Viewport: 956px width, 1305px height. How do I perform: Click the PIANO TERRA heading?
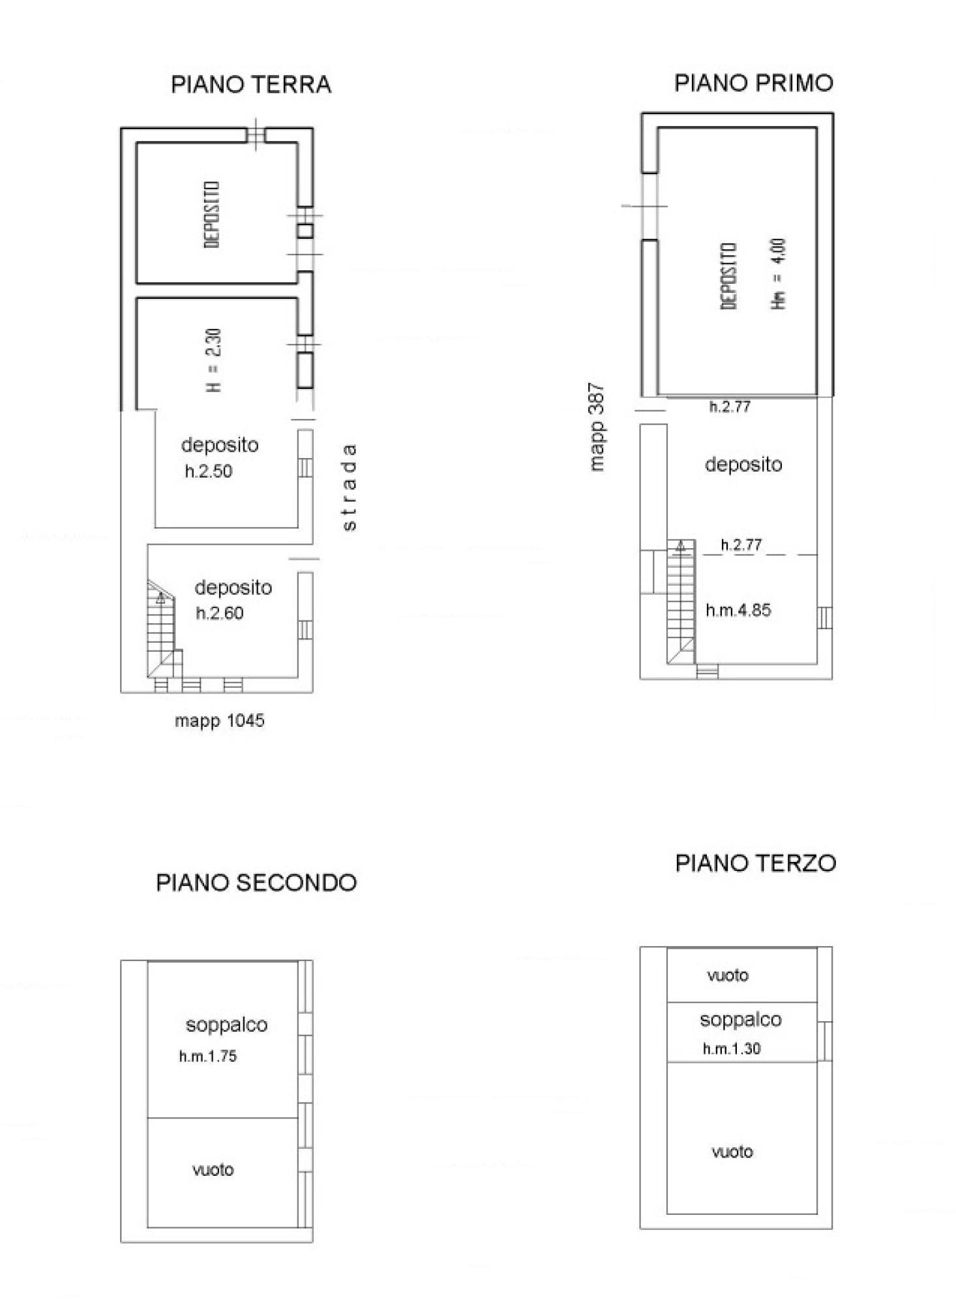(251, 85)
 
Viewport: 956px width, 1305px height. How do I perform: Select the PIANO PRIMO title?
(753, 83)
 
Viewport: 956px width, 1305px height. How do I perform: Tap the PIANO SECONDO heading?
(256, 883)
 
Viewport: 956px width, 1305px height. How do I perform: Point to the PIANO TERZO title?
(755, 863)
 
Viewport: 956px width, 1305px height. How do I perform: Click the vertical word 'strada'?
(350, 487)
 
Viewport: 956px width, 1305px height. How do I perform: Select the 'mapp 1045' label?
(220, 721)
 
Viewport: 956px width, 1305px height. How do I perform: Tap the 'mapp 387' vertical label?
(597, 427)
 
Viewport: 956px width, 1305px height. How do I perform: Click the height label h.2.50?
(209, 471)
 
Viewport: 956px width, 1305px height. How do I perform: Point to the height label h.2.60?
(220, 613)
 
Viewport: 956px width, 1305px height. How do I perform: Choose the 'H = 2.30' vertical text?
(214, 360)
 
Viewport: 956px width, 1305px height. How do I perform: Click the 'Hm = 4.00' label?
(779, 274)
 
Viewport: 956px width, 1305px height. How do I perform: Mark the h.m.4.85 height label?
(738, 610)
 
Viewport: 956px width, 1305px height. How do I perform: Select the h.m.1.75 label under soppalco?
(208, 1056)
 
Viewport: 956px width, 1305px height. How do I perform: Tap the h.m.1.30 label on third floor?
(732, 1049)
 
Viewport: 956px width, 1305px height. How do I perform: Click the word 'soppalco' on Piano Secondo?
(226, 1025)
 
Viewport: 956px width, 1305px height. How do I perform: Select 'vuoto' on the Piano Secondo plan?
(213, 1170)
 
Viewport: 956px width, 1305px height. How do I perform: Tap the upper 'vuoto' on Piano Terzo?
(728, 975)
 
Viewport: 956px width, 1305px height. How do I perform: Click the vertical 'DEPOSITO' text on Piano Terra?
(212, 215)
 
